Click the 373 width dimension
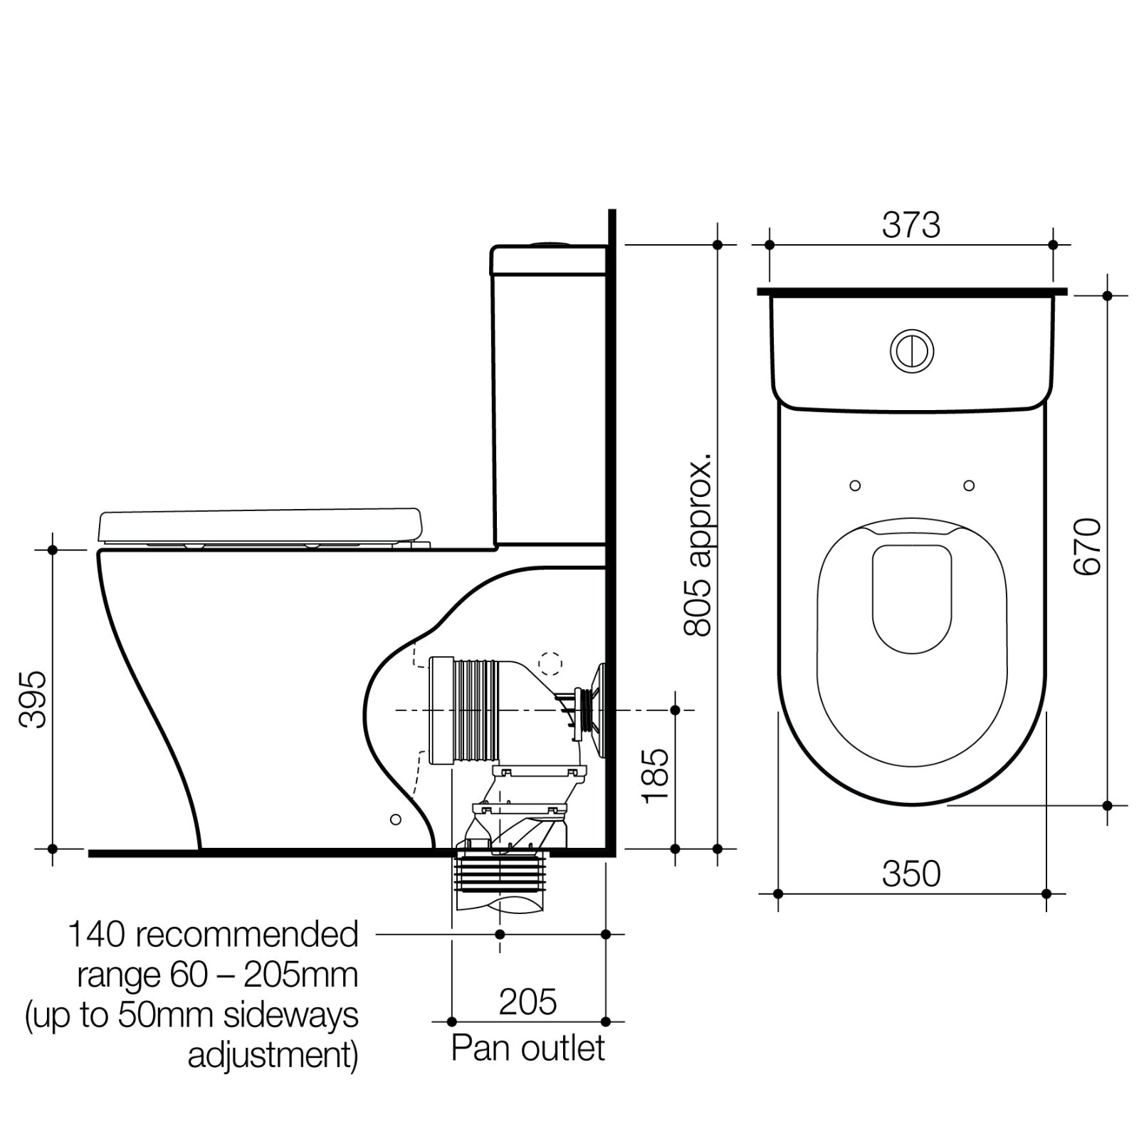(x=910, y=226)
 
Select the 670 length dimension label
(x=1087, y=547)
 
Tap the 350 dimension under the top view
(x=910, y=873)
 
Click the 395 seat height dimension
(x=33, y=698)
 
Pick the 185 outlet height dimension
(x=655, y=776)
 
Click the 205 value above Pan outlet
(x=527, y=1002)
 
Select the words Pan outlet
(x=527, y=1048)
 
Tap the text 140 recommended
(x=212, y=935)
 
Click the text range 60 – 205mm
(x=217, y=975)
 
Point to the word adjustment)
(x=273, y=1056)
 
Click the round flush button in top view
(x=912, y=351)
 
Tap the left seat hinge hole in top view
(x=855, y=485)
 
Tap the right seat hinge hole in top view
(x=968, y=485)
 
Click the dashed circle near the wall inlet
(x=550, y=663)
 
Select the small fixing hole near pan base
(x=396, y=819)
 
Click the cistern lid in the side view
(x=548, y=261)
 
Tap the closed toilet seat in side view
(x=260, y=525)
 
